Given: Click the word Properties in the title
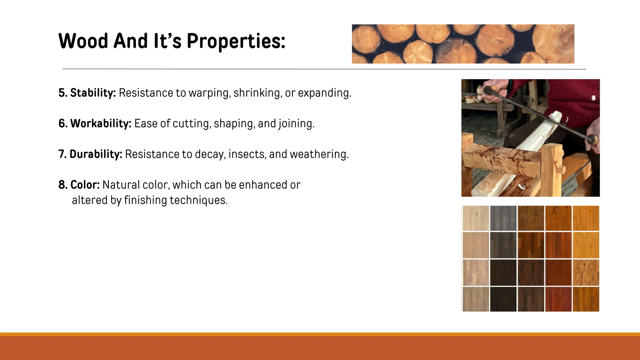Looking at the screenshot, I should [x=236, y=41].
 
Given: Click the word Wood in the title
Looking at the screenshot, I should [x=83, y=41].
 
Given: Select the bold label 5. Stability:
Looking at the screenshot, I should [x=87, y=93].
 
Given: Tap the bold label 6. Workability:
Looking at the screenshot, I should [x=95, y=123].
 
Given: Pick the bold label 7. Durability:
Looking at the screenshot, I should [x=90, y=154].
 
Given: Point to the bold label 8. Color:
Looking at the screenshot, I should [x=79, y=185].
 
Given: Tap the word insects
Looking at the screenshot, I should [x=247, y=154].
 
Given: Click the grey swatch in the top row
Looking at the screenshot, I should [x=503, y=218].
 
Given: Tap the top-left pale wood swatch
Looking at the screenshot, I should [x=476, y=218].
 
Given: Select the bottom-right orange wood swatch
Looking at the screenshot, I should [x=586, y=299].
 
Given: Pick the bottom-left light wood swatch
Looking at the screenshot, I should [x=476, y=299].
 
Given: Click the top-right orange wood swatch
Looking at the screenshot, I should [x=586, y=218].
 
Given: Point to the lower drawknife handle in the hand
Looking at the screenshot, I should [x=592, y=139].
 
